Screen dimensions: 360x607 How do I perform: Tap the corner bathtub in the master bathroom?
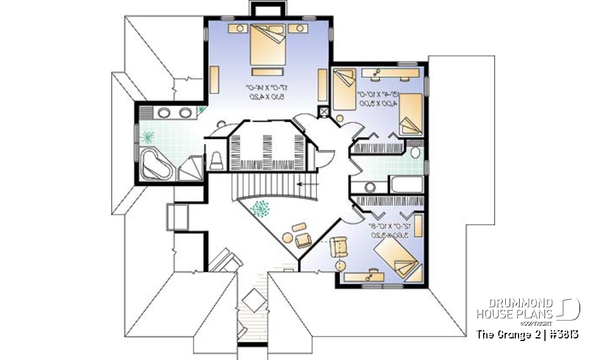tap(156, 163)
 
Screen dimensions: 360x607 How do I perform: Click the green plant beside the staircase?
tap(260, 209)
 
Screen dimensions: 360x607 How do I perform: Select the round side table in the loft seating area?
tap(287, 239)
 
